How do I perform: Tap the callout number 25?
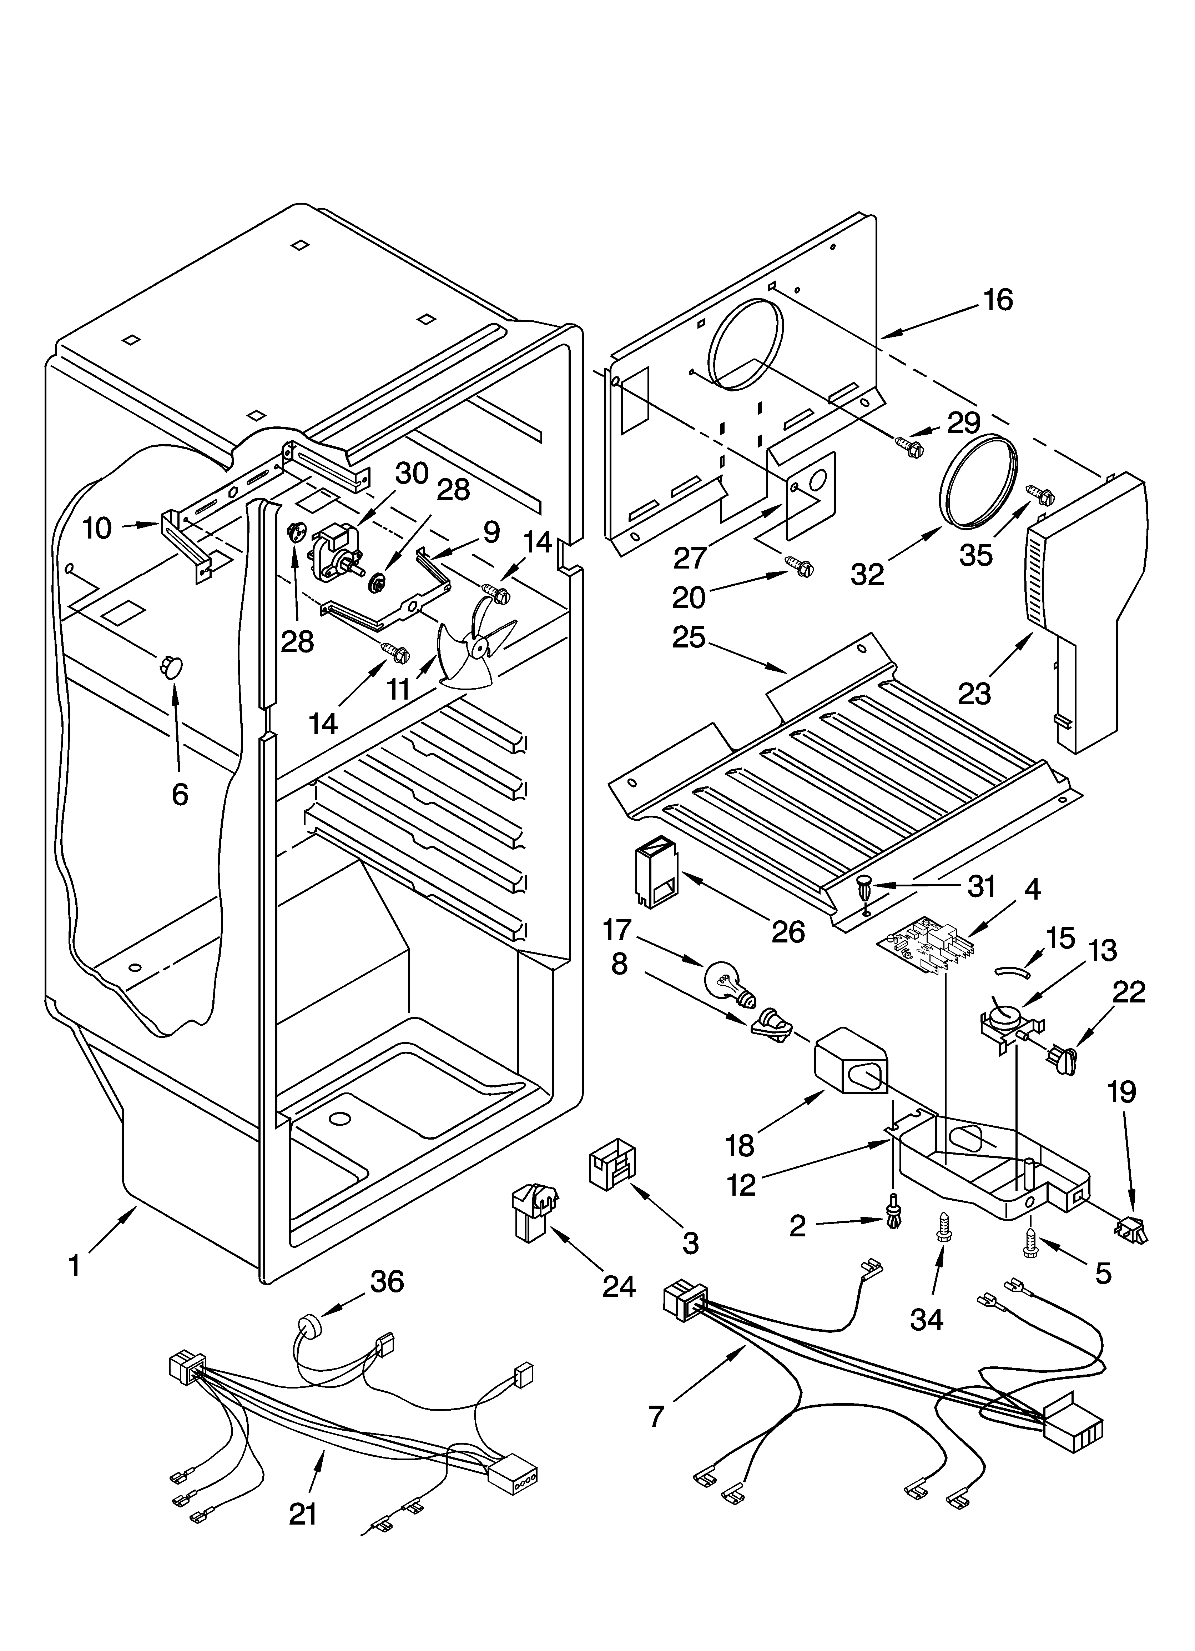click(x=689, y=638)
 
